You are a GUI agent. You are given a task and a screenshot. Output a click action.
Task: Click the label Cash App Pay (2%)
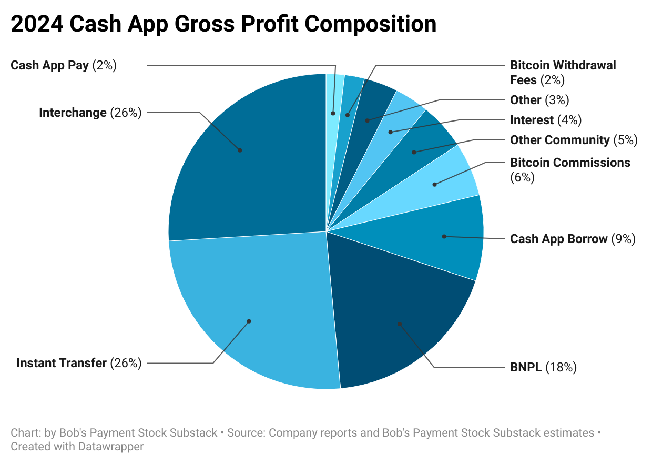coord(64,65)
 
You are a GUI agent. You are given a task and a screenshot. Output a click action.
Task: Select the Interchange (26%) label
coord(90,113)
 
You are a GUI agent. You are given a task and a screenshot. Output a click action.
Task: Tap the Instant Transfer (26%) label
coord(79,363)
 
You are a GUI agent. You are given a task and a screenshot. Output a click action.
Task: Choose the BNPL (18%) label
coord(543,367)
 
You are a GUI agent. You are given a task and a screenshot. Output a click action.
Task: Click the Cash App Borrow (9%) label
coord(573,239)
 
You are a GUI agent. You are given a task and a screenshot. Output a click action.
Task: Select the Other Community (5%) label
coord(574,140)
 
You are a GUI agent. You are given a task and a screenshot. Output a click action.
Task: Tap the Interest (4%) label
coord(546,120)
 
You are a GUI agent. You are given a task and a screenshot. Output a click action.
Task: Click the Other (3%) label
coord(539,100)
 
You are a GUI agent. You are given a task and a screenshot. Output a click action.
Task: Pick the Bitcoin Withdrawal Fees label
coord(563,73)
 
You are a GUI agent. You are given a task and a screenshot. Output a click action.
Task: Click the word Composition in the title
coord(368,24)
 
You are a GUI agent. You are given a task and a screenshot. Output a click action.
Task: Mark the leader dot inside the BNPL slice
coord(400,324)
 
